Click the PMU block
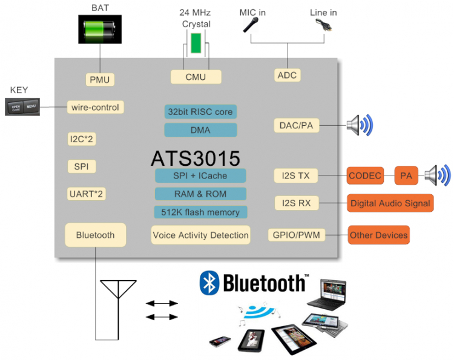coord(99,79)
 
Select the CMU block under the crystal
coord(196,77)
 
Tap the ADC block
coord(288,75)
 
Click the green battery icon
coord(99,30)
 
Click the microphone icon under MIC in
coord(251,25)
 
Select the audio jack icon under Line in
coord(323,25)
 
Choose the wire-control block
coord(96,108)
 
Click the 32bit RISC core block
coord(200,111)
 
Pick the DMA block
coord(200,130)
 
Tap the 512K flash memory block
coord(200,212)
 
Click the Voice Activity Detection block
coord(200,235)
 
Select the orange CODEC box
coord(365,176)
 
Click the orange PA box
coord(405,176)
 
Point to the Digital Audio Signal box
coord(390,203)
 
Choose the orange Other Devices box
coord(378,235)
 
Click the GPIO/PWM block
coord(296,235)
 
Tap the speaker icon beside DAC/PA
coord(359,125)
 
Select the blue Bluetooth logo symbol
coord(209,283)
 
